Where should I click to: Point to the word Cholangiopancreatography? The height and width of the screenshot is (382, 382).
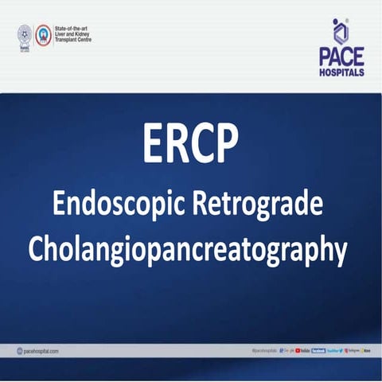click(x=188, y=249)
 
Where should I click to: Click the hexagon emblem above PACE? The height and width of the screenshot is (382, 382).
click(x=341, y=32)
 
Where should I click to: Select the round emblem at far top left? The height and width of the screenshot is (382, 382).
click(x=25, y=34)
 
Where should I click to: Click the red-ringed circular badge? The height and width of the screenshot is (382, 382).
click(x=43, y=34)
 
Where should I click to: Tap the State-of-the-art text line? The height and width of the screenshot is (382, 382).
click(x=74, y=28)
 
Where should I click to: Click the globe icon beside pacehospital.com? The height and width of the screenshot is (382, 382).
click(x=19, y=351)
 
